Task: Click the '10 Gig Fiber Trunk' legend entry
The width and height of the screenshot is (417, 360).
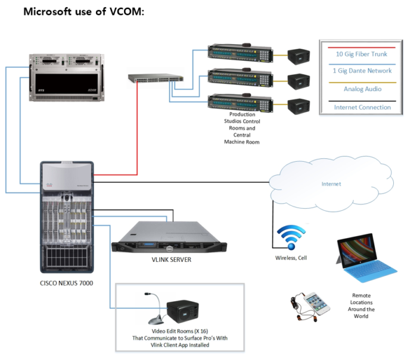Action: (362, 54)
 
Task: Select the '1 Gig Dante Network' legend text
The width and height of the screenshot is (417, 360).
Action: (362, 71)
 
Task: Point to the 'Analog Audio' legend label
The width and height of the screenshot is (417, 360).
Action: (362, 89)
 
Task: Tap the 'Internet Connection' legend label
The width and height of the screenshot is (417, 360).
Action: (362, 107)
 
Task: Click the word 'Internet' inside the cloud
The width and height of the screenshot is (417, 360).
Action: (331, 184)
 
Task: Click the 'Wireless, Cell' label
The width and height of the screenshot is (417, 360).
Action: (291, 258)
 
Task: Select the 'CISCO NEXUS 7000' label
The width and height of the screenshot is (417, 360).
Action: (65, 283)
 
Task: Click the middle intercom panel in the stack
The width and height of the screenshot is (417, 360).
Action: (241, 79)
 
